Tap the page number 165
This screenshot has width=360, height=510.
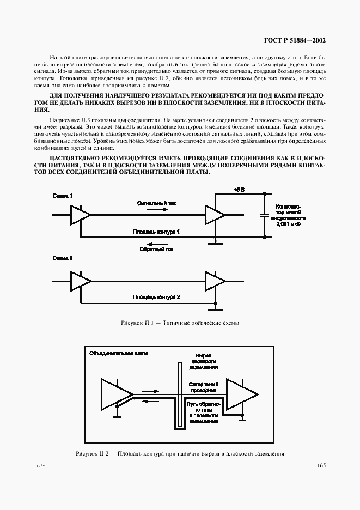tap(320, 465)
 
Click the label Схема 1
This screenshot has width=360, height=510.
tap(63, 195)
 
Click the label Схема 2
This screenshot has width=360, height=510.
tap(63, 259)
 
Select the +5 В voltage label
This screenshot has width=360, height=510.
tap(240, 189)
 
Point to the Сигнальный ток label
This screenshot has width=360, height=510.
tap(156, 202)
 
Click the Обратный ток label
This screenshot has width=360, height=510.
tap(156, 249)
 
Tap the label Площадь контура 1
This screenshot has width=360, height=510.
tap(156, 232)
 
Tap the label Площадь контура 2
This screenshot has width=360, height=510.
tap(156, 296)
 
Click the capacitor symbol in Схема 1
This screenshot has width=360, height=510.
tap(265, 215)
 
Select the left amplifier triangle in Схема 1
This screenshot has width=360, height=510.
tap(80, 215)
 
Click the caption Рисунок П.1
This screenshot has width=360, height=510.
tap(180, 323)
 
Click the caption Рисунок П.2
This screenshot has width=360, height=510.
tap(180, 453)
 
